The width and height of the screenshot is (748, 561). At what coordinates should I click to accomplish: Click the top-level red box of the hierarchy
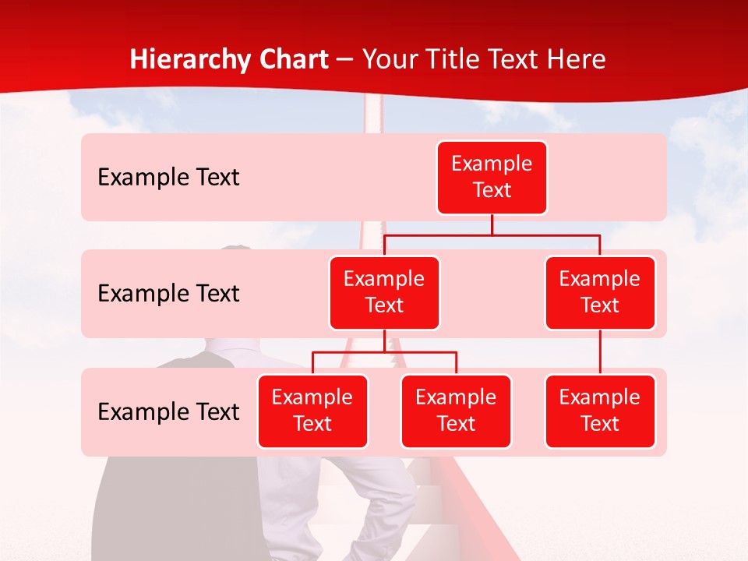coord(492,178)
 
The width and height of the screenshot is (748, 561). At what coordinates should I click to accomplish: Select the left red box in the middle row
coord(384,293)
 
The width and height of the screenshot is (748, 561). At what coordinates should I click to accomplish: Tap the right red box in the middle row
coord(600,293)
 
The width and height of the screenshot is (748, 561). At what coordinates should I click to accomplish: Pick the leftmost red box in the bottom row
coord(312,411)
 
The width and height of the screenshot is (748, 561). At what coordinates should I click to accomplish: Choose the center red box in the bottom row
coord(456,411)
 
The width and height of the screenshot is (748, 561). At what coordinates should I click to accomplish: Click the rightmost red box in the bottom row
coord(600,411)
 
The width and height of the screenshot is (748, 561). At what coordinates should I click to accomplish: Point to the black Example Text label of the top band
coord(168,178)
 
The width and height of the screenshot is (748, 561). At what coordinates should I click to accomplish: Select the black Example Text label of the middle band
coord(168,294)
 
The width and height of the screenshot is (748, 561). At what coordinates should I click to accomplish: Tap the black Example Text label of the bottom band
coord(168,412)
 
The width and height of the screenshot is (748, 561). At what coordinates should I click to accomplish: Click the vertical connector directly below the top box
coord(492,224)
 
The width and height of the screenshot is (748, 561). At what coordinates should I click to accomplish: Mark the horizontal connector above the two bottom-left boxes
coord(384,352)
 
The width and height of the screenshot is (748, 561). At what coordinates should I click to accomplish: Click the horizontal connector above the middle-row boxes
coord(492,234)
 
